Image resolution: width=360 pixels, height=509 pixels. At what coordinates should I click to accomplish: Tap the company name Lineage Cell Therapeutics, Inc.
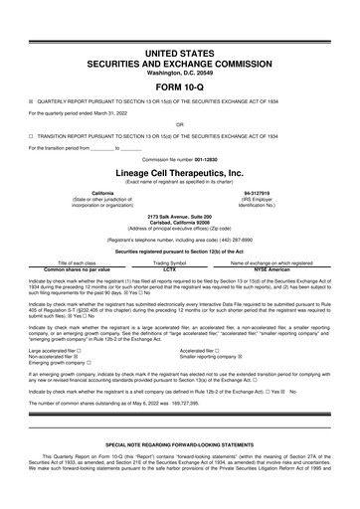pos(180,171)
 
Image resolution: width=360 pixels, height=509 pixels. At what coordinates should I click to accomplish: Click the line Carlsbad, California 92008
pos(180,222)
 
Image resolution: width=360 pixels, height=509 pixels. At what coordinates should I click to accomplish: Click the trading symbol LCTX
pos(169,268)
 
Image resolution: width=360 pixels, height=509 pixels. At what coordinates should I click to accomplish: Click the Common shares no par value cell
pos(77,268)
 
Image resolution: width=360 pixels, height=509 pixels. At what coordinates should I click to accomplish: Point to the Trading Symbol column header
pos(169,262)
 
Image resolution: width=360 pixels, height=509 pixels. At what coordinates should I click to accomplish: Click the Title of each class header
pos(77,262)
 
